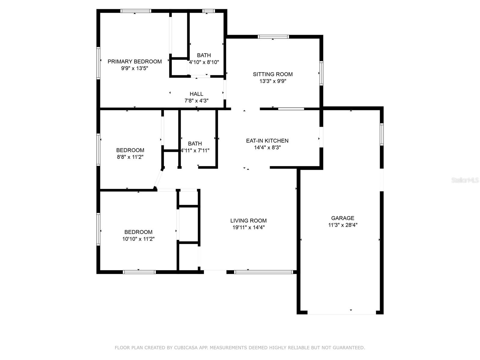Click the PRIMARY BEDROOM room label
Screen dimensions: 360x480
[x=134, y=61]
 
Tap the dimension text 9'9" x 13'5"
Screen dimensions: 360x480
[x=134, y=68]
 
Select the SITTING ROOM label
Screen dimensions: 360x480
[x=273, y=74]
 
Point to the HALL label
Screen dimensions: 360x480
[x=196, y=94]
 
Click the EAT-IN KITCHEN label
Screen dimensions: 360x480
[x=267, y=141]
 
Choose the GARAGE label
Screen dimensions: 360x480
[x=343, y=218]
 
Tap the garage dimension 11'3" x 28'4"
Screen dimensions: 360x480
[x=343, y=225]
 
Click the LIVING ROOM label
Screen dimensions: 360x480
[x=248, y=220]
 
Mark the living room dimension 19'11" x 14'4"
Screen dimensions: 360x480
[x=248, y=227]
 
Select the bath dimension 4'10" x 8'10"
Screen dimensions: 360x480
[x=204, y=62]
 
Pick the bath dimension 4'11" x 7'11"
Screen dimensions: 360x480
[x=195, y=151]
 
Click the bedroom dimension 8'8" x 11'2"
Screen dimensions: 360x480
[x=130, y=157]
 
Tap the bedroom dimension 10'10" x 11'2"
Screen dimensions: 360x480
[x=138, y=239]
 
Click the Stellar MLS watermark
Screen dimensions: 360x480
[x=465, y=180]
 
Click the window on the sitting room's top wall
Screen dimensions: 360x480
[x=273, y=37]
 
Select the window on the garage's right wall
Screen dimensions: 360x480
[x=382, y=134]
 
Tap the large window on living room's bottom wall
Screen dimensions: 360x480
[x=263, y=272]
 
